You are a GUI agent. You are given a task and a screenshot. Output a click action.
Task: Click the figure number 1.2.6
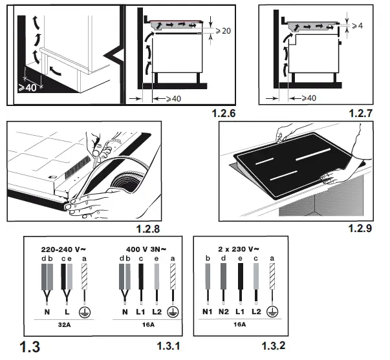(x=224, y=114)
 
